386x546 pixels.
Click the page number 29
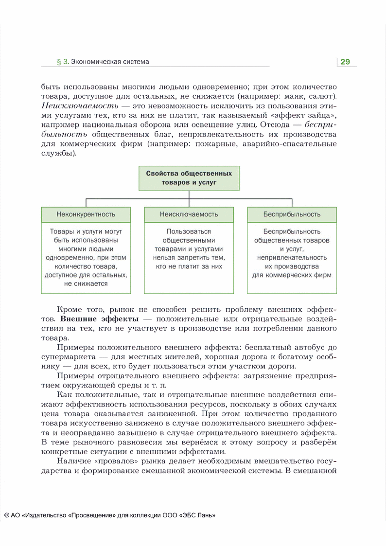click(345, 62)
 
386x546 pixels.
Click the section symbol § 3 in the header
click(62, 62)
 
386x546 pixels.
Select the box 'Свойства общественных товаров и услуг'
click(189, 178)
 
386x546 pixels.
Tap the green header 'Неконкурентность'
click(86, 214)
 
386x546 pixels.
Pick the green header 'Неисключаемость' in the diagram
click(189, 214)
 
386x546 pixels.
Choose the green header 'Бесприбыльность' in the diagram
click(292, 214)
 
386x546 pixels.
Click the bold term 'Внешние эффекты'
click(99, 319)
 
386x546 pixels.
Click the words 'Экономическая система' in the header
click(110, 62)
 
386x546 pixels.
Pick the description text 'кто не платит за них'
click(189, 266)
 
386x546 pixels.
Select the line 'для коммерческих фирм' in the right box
click(292, 275)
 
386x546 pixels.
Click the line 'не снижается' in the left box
click(86, 284)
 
